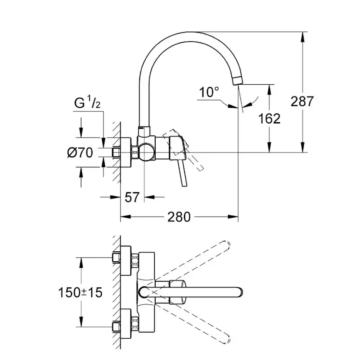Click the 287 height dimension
[x=302, y=102]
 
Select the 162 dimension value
[x=269, y=118]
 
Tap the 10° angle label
[x=209, y=92]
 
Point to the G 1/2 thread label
[x=87, y=103]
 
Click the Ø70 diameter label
[x=80, y=153]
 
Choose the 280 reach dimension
[x=179, y=216]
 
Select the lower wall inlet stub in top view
[x=115, y=327]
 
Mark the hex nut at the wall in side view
[x=135, y=153]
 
